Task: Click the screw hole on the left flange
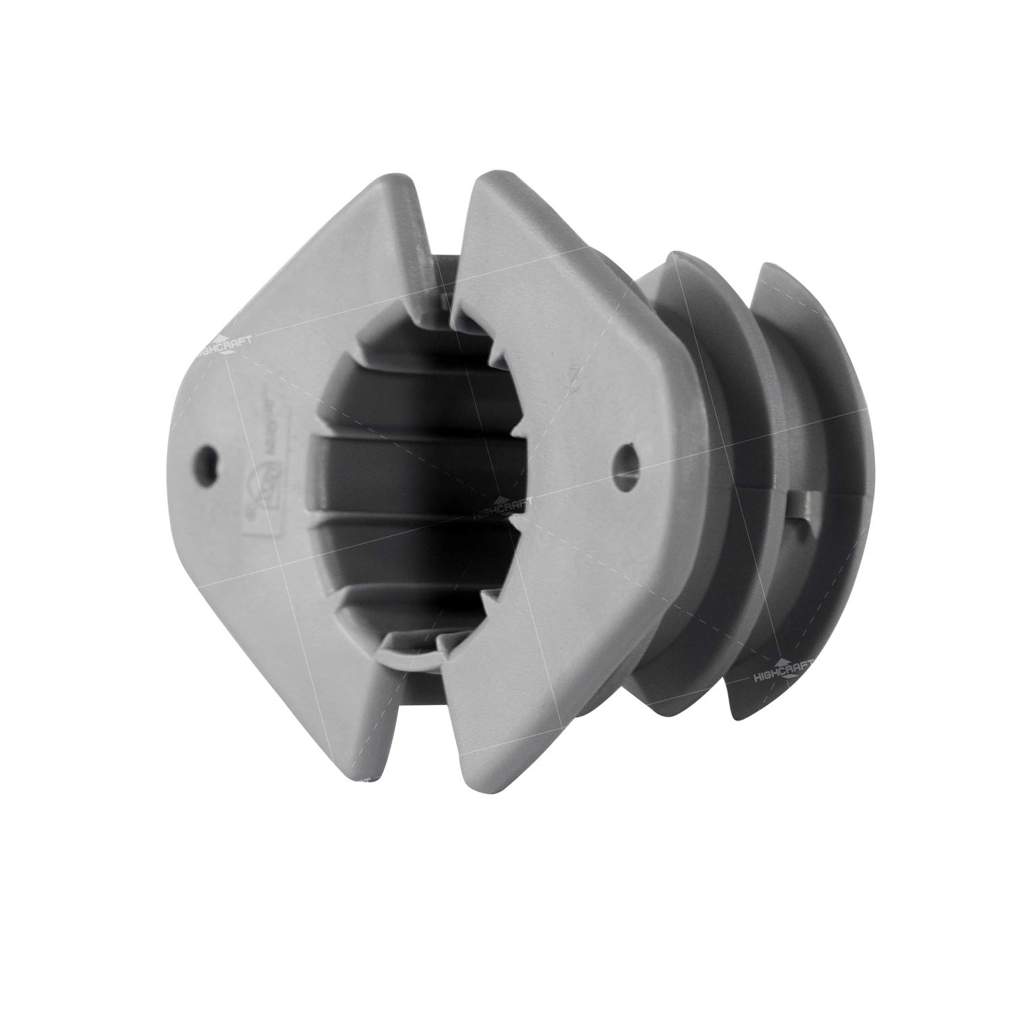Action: pyautogui.click(x=206, y=463)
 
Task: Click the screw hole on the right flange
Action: pyautogui.click(x=628, y=455)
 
